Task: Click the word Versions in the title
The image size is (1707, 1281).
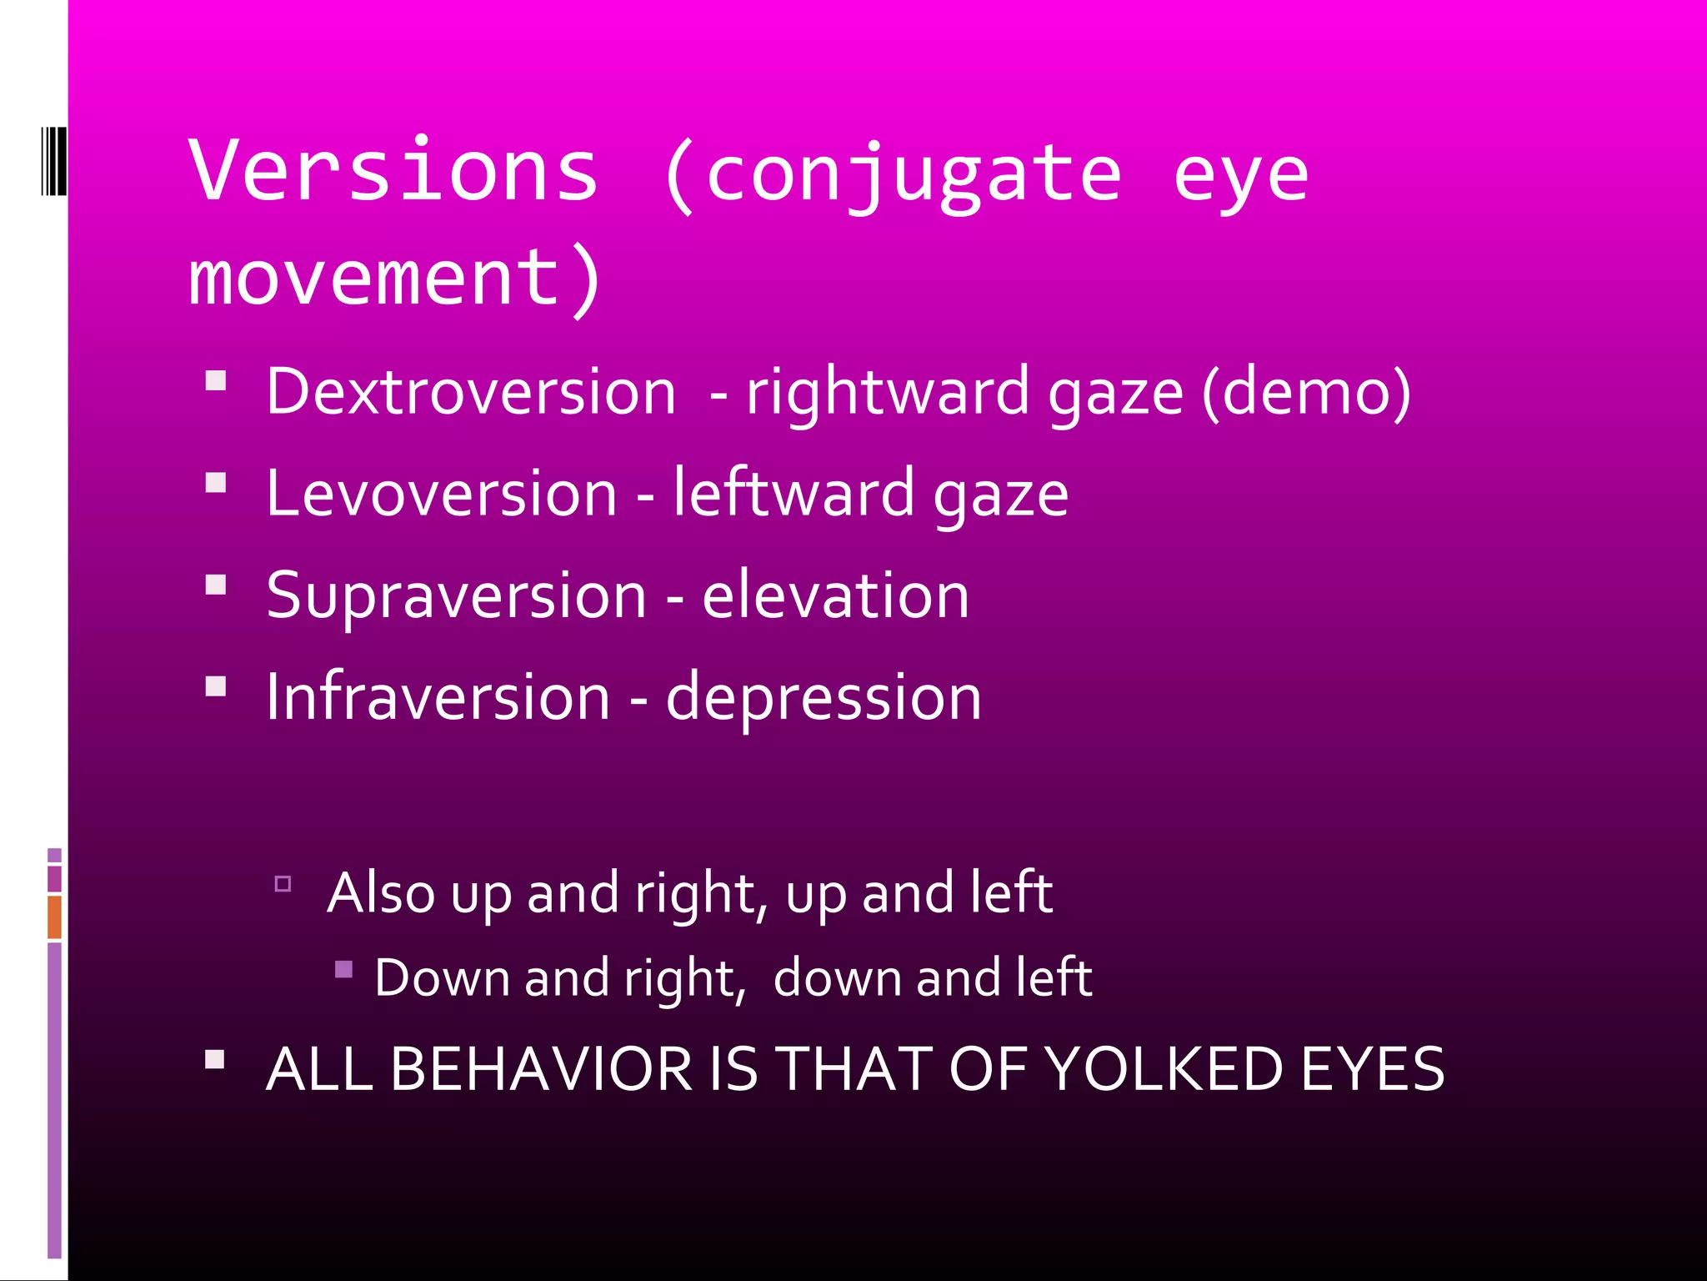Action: point(393,171)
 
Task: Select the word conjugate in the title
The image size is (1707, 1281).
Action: point(914,175)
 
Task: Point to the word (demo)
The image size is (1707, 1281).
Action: point(1306,391)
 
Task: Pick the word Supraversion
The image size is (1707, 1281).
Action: point(456,596)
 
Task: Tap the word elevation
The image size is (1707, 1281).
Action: point(835,595)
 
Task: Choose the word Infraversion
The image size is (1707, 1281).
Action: point(438,697)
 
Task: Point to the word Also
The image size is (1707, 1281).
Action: point(381,893)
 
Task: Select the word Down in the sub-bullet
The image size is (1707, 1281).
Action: point(442,977)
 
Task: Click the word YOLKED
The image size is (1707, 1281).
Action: point(1163,1069)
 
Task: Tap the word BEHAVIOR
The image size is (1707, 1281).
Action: point(541,1069)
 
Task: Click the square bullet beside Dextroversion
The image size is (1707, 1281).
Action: point(216,381)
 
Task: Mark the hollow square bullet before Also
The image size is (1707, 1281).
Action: point(283,884)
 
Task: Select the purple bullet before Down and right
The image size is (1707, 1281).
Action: point(343,969)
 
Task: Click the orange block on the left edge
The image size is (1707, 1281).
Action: point(54,917)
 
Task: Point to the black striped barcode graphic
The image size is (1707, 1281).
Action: point(53,161)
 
